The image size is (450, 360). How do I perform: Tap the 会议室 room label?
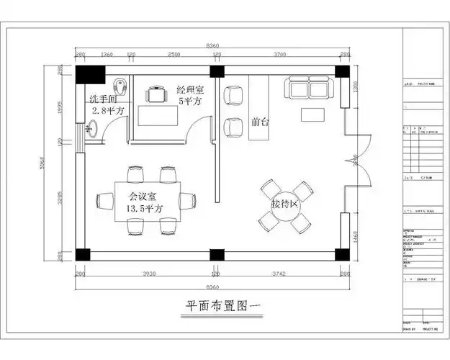point(143,195)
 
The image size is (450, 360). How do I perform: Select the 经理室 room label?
point(189,90)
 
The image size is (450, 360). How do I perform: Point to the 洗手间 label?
point(104,98)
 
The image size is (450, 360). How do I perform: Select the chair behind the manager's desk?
point(155,94)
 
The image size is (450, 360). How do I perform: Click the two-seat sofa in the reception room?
point(309,89)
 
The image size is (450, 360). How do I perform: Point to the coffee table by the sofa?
point(314,114)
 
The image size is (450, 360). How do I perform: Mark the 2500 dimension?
point(174,54)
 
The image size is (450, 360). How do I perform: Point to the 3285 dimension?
point(60,197)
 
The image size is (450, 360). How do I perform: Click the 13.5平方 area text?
point(144,208)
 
